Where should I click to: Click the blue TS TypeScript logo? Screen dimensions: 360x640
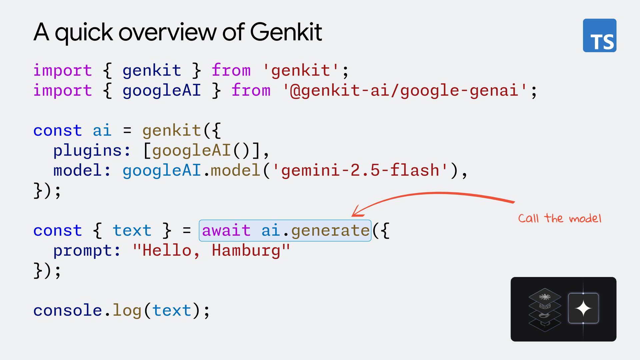point(599,35)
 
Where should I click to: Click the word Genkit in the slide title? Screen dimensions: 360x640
point(286,32)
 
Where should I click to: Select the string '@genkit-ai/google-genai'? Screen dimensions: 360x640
point(405,91)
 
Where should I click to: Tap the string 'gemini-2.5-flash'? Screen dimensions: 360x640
point(360,170)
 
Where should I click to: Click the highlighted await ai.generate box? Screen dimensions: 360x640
point(285,230)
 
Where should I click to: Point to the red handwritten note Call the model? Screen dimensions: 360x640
point(560,219)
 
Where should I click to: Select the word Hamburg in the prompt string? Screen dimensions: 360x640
point(246,250)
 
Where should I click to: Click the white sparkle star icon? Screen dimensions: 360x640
point(583,308)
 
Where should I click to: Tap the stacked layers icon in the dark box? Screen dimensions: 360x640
point(545,309)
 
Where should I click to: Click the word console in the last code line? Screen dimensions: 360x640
point(67,310)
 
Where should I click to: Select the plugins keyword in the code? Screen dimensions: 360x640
point(88,151)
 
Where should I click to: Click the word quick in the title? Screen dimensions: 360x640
point(84,32)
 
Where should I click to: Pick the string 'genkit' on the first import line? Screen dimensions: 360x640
point(301,71)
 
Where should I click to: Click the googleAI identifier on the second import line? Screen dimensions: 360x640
point(162,91)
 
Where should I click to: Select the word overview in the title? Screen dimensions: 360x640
point(168,32)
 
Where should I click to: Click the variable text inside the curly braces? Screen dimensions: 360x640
point(132,230)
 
